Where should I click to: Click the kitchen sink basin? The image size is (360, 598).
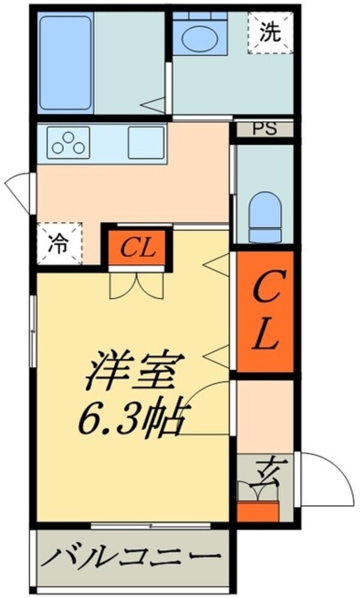146,142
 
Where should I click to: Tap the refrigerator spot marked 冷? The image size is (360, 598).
58,244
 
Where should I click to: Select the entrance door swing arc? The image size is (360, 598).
324,480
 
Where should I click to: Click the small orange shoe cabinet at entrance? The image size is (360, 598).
258,510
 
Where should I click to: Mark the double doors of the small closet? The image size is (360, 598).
136,285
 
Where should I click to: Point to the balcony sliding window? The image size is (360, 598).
150,526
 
